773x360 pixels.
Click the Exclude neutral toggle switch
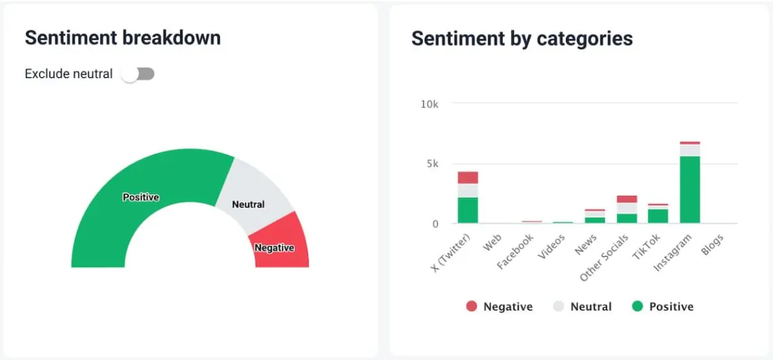point(138,74)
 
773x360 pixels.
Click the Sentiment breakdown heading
point(123,38)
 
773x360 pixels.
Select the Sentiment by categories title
point(521,39)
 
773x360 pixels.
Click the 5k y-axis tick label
point(431,164)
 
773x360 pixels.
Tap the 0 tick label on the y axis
point(435,224)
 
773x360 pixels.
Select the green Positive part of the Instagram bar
point(690,190)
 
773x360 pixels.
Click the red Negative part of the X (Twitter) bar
point(468,178)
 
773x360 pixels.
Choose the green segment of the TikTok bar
point(658,216)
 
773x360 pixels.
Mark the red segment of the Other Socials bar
point(627,199)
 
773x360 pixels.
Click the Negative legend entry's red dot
point(471,306)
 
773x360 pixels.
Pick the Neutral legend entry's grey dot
point(559,306)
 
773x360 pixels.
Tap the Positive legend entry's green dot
point(637,306)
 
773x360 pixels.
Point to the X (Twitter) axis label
point(452,255)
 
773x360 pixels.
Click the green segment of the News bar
point(595,220)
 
